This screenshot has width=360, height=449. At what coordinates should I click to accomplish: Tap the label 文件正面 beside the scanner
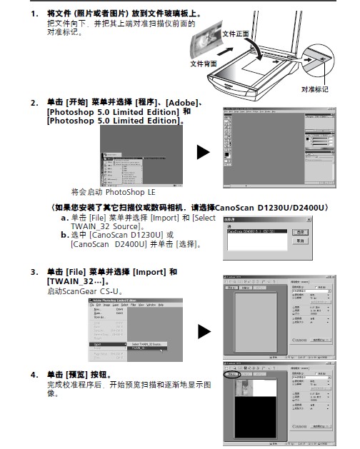235,34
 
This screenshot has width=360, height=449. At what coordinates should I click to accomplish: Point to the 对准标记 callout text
314,89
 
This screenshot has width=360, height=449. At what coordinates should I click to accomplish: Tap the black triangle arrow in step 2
203,152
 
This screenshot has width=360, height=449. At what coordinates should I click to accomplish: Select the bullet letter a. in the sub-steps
64,218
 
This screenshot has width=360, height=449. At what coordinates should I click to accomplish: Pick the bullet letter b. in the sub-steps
64,235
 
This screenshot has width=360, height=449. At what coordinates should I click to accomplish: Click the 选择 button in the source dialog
302,233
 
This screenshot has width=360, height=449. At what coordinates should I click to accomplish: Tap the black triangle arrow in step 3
203,331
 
